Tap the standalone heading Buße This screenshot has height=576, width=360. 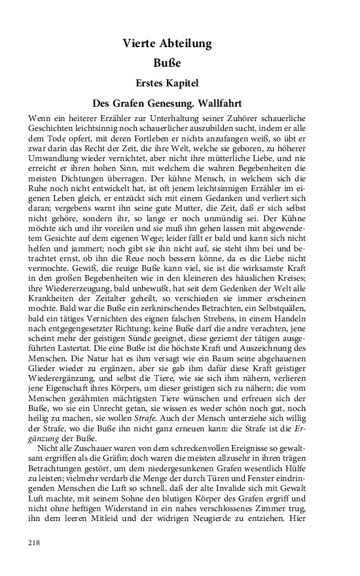[x=166, y=64]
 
